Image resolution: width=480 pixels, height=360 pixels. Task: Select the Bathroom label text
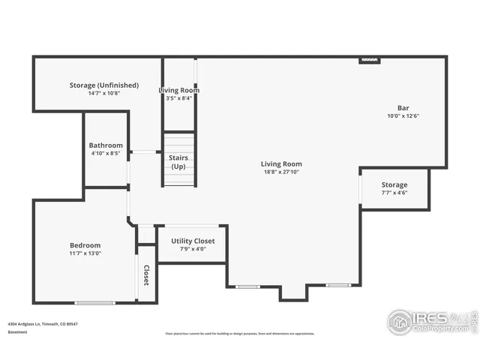coord(106,145)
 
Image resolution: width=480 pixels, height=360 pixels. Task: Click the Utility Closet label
coord(193,241)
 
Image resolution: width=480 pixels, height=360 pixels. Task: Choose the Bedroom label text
coord(85,245)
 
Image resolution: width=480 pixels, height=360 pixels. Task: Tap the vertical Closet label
coord(146,275)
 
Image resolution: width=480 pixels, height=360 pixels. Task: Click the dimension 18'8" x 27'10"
coord(281,172)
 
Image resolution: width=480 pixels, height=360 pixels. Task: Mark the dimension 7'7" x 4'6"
coord(394,193)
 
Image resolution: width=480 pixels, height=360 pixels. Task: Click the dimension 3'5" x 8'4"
coord(178,98)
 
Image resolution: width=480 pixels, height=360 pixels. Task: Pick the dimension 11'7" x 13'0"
coord(85,253)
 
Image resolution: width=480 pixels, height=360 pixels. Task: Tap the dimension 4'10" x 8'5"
coord(106,153)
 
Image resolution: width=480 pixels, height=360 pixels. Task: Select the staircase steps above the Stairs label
coord(179,142)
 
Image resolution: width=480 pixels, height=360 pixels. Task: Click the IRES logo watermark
coord(431,321)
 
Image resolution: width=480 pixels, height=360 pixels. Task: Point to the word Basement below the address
coord(17,331)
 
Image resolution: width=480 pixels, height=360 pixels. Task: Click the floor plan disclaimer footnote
coord(240,334)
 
